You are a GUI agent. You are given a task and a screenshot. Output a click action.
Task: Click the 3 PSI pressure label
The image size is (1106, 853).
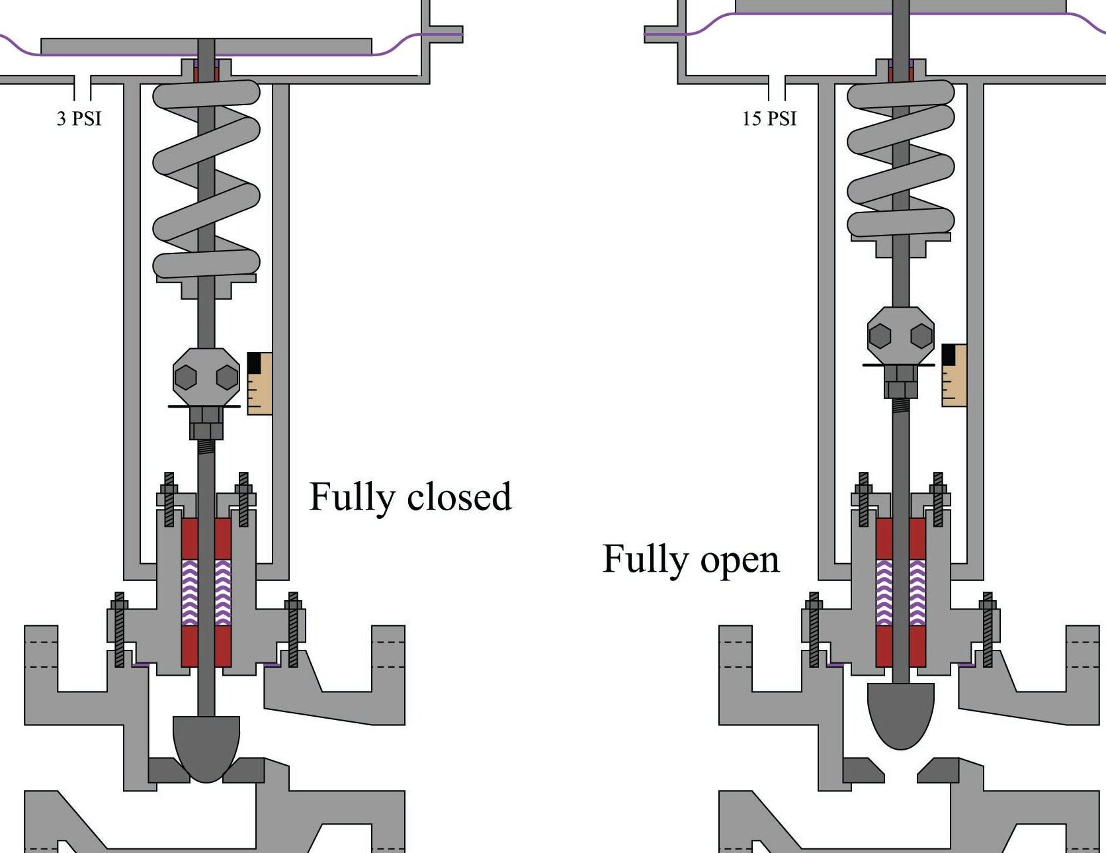tap(79, 118)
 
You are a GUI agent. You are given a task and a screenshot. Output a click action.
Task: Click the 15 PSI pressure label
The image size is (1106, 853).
tap(769, 118)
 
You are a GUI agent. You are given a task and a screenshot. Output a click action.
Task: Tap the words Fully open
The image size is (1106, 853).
tap(691, 559)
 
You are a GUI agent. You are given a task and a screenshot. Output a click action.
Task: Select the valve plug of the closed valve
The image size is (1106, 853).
tap(206, 744)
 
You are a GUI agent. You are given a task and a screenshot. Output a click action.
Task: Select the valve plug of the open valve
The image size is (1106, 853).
tap(900, 713)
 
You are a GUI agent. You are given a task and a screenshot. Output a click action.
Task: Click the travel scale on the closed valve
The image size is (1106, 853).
tap(259, 384)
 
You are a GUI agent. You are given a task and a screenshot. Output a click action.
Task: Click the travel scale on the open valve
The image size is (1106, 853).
tap(954, 375)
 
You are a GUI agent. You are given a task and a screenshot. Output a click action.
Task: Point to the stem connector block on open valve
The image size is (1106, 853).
tap(900, 336)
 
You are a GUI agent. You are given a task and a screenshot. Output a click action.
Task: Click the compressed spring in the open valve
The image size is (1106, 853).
tap(900, 159)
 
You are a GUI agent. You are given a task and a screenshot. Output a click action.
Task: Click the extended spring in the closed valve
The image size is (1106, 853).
tap(206, 179)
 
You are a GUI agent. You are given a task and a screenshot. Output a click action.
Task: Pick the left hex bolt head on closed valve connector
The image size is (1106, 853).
tap(186, 377)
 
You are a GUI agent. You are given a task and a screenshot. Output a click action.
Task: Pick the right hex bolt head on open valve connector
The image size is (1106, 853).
tap(921, 336)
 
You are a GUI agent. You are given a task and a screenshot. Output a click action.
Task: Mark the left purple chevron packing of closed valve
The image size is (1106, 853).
tap(190, 592)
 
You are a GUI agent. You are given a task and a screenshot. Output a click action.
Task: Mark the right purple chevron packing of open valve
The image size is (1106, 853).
tap(917, 592)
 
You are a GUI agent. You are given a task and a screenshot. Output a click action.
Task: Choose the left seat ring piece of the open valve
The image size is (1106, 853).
tap(862, 770)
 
